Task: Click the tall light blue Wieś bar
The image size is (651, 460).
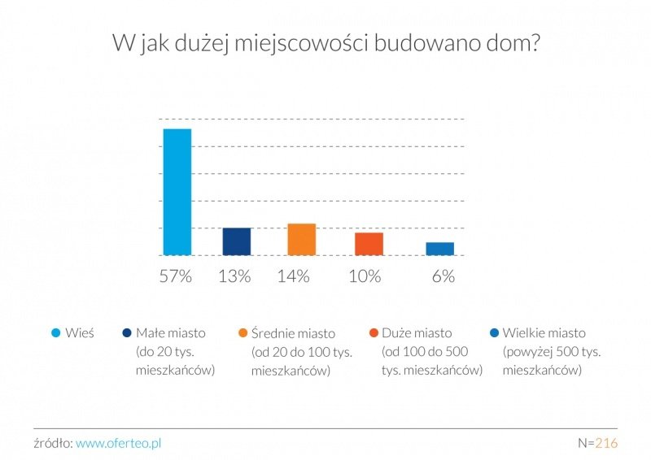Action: point(177,192)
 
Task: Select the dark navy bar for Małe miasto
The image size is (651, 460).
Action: point(237,241)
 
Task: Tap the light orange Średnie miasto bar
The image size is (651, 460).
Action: point(301,239)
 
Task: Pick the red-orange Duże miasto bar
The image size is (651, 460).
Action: point(369,244)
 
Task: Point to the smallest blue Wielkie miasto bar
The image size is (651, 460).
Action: point(440,249)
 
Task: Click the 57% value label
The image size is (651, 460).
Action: point(176,276)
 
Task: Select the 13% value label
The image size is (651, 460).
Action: point(234,276)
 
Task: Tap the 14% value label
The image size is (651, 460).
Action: point(293,276)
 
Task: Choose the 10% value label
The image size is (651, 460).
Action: point(365,276)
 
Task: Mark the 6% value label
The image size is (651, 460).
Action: point(443,276)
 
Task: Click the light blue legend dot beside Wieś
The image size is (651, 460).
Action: point(56,333)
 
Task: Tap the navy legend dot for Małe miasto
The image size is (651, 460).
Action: point(127,333)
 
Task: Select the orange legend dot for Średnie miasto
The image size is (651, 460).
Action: point(242,333)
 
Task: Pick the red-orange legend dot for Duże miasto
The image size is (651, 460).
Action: point(373,333)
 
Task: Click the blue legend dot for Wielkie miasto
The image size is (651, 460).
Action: point(495,333)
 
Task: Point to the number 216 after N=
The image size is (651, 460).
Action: point(606,443)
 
